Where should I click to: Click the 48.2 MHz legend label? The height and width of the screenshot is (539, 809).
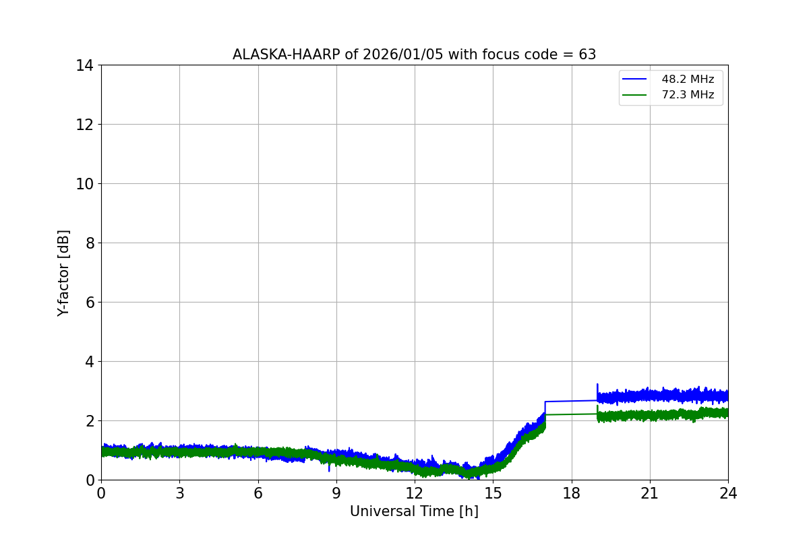(688, 80)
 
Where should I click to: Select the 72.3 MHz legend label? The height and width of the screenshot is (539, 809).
(688, 95)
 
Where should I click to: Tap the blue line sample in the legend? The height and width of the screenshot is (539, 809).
(635, 80)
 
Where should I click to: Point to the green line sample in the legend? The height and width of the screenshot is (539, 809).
(635, 95)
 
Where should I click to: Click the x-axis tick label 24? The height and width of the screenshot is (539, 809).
(728, 493)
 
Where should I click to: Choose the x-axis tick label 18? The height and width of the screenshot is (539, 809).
(572, 493)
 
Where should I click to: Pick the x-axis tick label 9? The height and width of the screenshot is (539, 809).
(336, 493)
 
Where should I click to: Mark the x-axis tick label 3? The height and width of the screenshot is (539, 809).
(179, 493)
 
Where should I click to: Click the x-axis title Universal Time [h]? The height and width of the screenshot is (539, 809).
(414, 512)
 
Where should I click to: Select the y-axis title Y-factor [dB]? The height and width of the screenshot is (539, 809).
(63, 273)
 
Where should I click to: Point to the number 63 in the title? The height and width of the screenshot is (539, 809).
(587, 55)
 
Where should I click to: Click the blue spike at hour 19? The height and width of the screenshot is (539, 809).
(597, 387)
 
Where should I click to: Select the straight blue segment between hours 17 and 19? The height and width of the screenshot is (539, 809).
(572, 401)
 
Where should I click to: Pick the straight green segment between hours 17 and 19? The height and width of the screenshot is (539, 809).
(572, 414)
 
